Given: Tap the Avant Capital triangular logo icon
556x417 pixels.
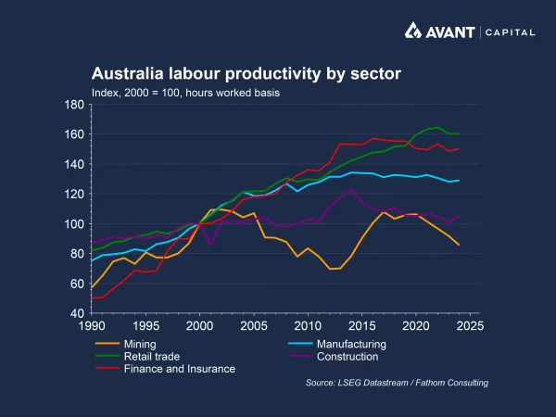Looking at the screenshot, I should pos(414,32).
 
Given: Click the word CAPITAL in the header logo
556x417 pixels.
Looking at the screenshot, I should pos(512,32).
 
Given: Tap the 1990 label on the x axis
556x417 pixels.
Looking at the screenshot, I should pos(91,327).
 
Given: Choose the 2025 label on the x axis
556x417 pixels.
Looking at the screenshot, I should pos(470,327).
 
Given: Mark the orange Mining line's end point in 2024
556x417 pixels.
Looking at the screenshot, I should pos(459,245).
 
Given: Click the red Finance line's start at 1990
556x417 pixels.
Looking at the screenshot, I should pos(91,298).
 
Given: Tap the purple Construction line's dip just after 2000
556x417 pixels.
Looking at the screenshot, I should pos(210,245).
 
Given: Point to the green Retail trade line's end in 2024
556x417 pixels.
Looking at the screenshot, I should pos(459,134).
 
